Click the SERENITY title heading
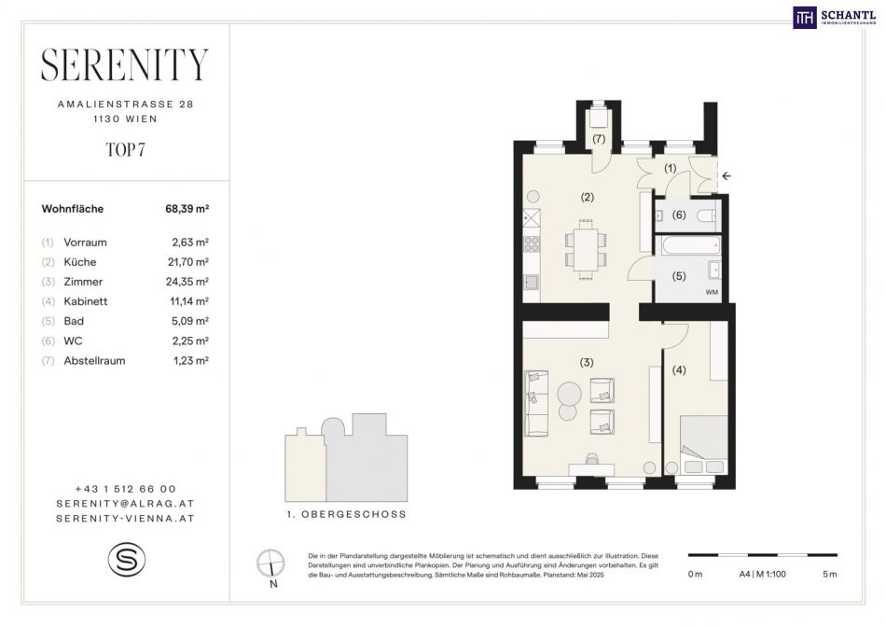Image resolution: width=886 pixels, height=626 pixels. click(x=125, y=64)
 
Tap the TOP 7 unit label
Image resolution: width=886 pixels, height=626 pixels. click(x=126, y=149)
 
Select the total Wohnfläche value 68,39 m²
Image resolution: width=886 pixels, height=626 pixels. click(x=187, y=208)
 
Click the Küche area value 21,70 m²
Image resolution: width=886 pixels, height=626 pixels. click(x=190, y=262)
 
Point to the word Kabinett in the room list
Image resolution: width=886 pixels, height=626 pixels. click(x=85, y=301)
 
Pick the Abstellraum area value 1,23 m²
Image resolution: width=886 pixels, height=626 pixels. click(x=191, y=361)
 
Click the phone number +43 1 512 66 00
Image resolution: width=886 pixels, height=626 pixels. click(x=126, y=489)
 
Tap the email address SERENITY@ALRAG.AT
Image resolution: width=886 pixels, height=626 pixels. click(x=126, y=504)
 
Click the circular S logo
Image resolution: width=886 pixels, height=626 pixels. click(x=127, y=560)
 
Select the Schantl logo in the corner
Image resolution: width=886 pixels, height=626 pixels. click(x=835, y=18)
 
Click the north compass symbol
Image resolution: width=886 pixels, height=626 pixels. click(x=270, y=563)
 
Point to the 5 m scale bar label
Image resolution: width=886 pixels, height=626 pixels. click(x=829, y=575)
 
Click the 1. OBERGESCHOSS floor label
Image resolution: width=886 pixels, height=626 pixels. click(x=346, y=515)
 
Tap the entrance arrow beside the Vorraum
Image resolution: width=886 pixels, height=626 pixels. click(x=727, y=175)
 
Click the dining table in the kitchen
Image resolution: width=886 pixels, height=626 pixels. click(x=586, y=249)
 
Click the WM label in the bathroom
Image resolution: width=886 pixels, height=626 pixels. click(x=712, y=292)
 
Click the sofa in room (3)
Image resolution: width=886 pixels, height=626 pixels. click(x=536, y=403)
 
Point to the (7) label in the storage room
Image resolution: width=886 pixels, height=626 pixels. click(x=599, y=138)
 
